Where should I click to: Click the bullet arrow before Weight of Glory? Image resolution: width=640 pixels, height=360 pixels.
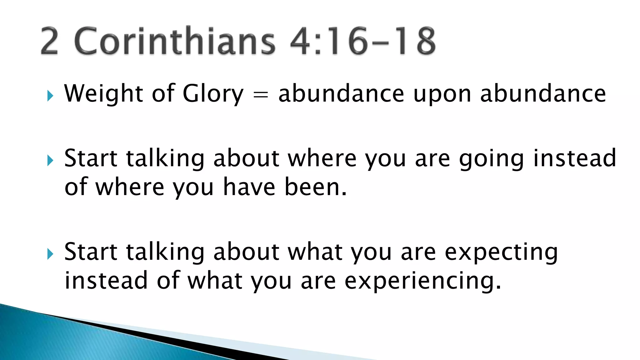[50, 96]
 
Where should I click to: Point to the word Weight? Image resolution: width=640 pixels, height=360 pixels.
[103, 94]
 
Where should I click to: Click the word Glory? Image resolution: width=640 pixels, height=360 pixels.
[213, 94]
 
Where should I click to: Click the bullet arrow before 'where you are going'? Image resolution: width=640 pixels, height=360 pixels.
[50, 161]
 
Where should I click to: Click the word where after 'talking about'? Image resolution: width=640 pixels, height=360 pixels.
[322, 159]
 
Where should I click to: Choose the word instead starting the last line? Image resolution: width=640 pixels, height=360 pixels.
[106, 281]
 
